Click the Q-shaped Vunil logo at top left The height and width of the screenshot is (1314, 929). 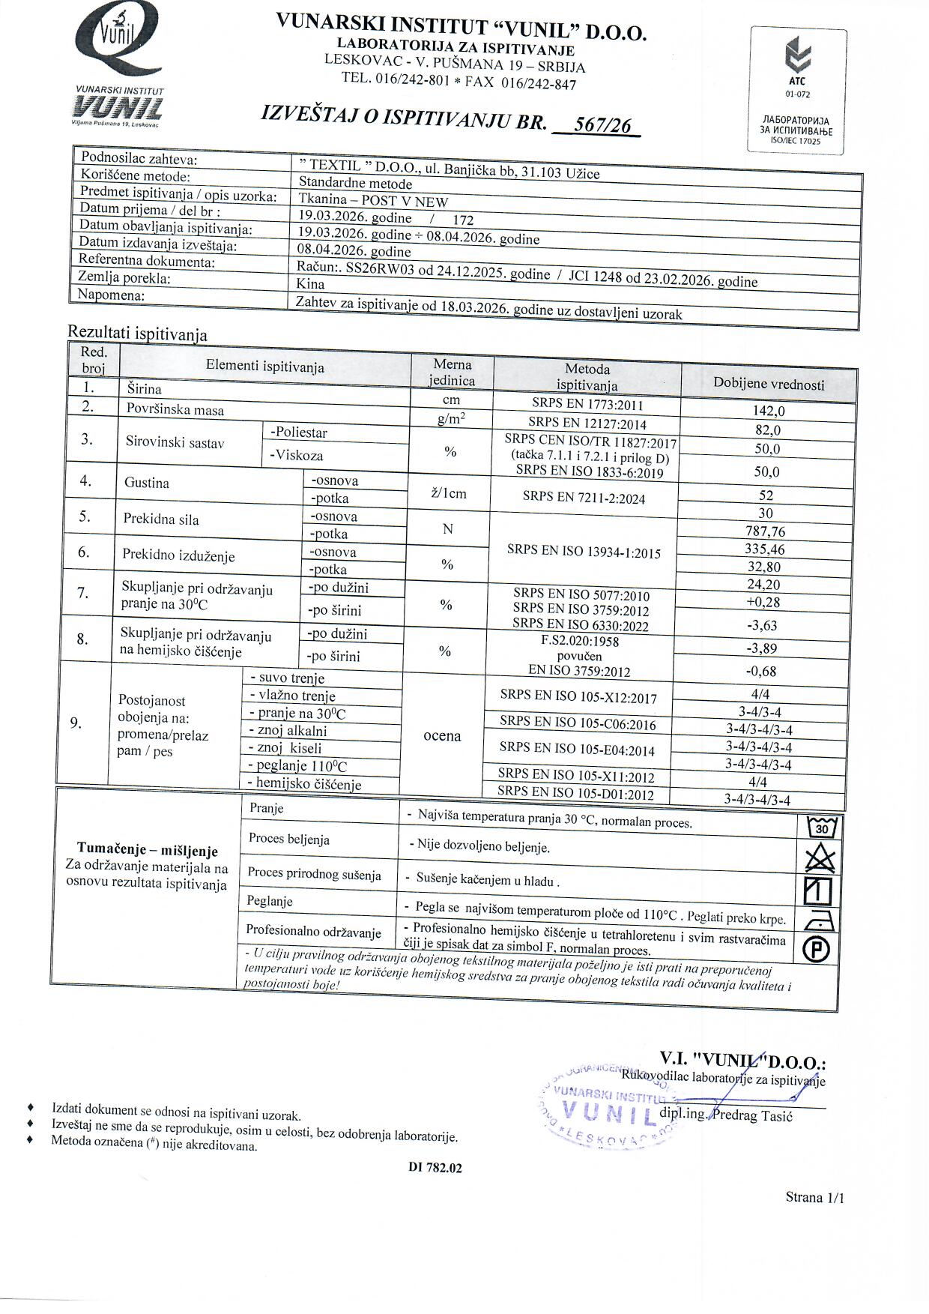(118, 41)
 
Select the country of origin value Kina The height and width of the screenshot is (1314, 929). (310, 283)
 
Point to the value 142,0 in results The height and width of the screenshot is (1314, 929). (768, 411)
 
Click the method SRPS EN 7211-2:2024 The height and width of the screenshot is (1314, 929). (584, 498)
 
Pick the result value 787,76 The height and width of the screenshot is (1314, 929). (765, 531)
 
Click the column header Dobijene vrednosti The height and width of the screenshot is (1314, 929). (769, 385)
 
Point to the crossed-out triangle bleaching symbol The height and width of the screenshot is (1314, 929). (820, 858)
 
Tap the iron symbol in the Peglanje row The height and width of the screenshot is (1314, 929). (817, 920)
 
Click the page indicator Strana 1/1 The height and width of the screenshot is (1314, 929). (814, 1197)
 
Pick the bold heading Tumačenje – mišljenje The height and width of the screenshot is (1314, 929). (147, 851)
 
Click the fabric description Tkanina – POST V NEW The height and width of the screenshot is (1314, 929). (373, 201)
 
